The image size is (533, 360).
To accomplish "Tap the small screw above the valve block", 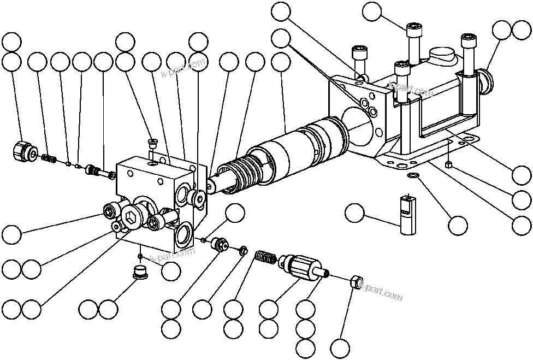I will click(152, 144).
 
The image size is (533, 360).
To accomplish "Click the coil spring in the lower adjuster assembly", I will click(265, 257).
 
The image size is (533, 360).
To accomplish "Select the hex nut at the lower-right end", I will click(354, 282).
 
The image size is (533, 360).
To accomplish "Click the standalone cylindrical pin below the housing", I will click(406, 215).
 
